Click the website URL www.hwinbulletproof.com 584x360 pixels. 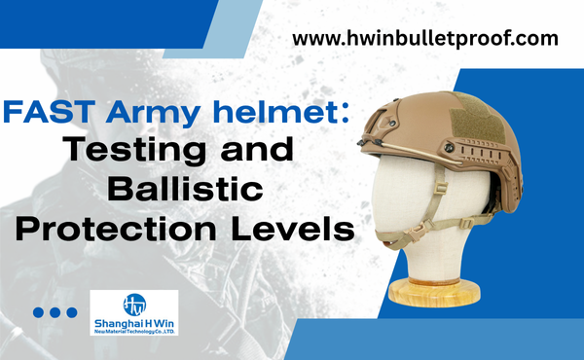(426, 40)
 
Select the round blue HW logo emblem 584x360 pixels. (135, 304)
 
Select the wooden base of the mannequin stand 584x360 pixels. (436, 290)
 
